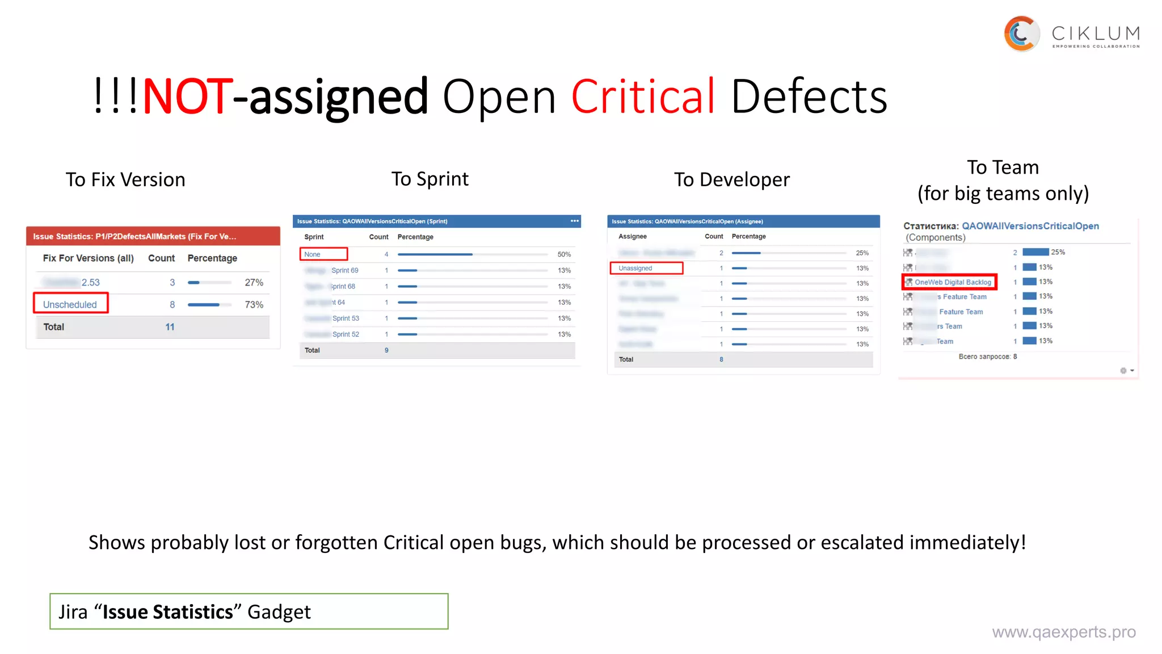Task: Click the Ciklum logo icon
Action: coord(1021,34)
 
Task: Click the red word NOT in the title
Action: coord(187,97)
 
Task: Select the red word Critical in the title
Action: coord(643,97)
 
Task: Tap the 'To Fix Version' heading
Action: coord(125,180)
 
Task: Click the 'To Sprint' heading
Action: coord(430,179)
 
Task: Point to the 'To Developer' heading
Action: coord(731,180)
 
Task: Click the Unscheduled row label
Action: coord(70,304)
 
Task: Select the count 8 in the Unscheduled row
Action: coord(172,305)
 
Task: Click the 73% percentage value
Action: coord(254,305)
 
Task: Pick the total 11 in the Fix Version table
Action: coord(170,327)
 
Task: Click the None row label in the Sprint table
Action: coord(313,254)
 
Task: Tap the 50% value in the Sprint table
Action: coord(564,254)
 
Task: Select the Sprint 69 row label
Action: coord(344,270)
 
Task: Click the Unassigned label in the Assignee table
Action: coord(635,268)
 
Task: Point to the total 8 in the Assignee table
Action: coord(721,359)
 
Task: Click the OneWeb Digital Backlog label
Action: coord(953,282)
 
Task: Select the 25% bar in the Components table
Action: coord(1035,252)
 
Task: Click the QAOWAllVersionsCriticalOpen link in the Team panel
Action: coord(1030,226)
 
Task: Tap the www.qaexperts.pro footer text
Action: coord(1063,632)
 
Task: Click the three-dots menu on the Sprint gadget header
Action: coord(574,221)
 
